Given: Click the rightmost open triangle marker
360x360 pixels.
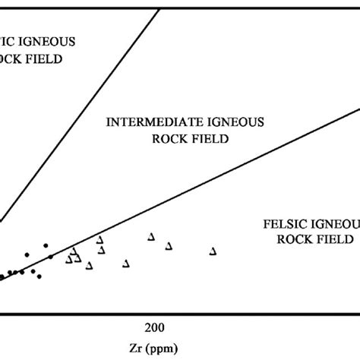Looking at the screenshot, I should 213,251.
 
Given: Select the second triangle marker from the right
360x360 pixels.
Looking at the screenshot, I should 169,245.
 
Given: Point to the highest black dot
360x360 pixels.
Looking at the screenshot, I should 46,245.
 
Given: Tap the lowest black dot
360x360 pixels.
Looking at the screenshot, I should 39,276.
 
